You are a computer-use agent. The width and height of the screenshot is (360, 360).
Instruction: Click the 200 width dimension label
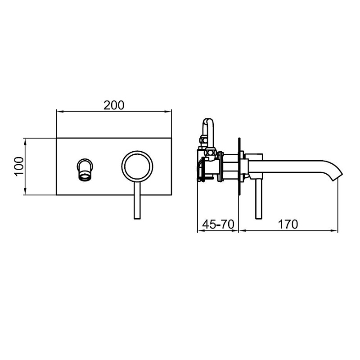(114, 105)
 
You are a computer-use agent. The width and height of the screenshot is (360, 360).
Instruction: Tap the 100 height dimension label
(19, 166)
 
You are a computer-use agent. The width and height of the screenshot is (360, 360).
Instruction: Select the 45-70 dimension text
(218, 224)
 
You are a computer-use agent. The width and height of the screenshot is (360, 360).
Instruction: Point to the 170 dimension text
(288, 224)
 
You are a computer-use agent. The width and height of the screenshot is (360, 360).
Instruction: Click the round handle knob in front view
(137, 151)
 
